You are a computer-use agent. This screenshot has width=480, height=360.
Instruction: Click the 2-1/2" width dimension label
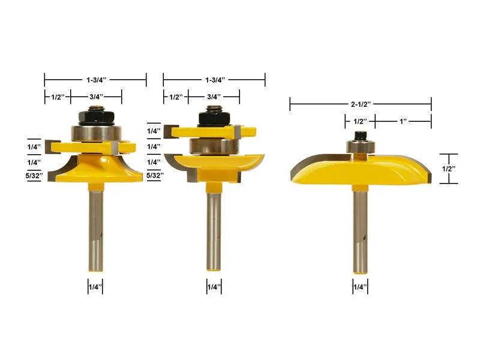coord(361,104)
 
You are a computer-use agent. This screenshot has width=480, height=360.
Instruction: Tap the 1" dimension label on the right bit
coord(403,121)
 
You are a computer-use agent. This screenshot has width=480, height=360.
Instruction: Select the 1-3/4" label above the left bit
coord(95,79)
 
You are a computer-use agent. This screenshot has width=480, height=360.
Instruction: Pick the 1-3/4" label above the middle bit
coord(214,79)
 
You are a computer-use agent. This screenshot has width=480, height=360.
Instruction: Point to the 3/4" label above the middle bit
coord(214,96)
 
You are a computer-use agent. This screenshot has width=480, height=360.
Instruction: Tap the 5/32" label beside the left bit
coord(34,176)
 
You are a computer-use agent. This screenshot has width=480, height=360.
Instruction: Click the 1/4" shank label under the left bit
coord(94,287)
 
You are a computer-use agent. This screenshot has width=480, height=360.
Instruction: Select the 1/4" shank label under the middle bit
coord(214,287)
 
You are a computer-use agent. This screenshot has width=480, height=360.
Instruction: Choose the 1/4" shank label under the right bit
coord(360,287)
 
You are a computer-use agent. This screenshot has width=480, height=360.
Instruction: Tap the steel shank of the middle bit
coord(214,231)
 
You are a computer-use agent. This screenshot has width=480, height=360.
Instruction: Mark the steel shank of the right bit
coord(360,231)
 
